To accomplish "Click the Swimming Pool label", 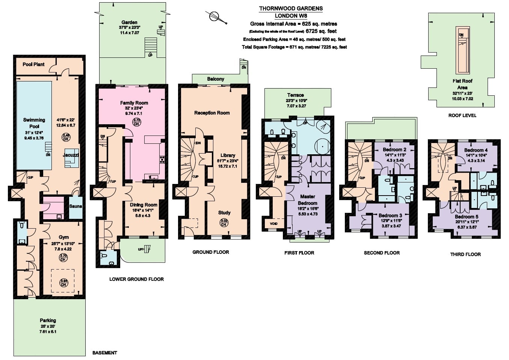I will tap(34, 123).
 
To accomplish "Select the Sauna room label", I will tap(76, 206).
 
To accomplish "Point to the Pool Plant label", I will tap(33, 64).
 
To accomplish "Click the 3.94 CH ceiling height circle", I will tap(63, 283).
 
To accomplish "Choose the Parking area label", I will tap(48, 320).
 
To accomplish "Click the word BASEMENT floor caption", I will tap(104, 353).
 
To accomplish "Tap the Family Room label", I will tap(134, 103).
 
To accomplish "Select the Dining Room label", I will tap(143, 205).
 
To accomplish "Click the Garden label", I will tap(129, 23).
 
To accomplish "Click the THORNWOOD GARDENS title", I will tap(291, 8).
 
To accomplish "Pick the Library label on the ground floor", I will tap(228, 155).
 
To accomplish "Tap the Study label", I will tap(224, 212).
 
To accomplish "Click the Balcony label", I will tap(216, 79).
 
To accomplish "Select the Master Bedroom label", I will tap(308, 200).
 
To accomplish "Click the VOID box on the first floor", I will tap(273, 224).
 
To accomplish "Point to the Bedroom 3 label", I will tap(390, 215).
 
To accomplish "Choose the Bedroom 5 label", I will tap(466, 217).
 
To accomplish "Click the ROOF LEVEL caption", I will tap(462, 115).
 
